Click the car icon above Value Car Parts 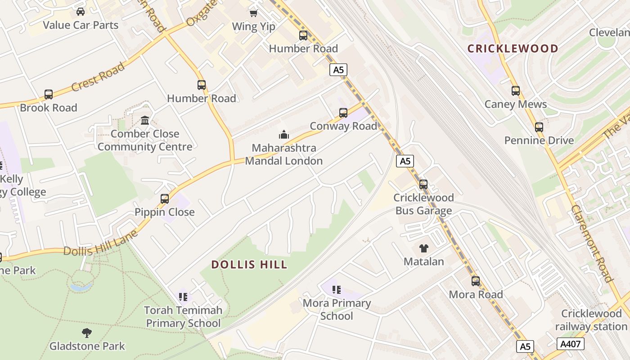pyautogui.click(x=81, y=12)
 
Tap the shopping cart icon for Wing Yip pyautogui.click(x=254, y=13)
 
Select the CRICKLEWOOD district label pyautogui.click(x=513, y=49)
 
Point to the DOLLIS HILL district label pyautogui.click(x=249, y=265)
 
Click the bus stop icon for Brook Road pyautogui.click(x=49, y=94)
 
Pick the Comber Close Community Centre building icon pyautogui.click(x=145, y=121)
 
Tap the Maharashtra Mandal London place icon pyautogui.click(x=283, y=135)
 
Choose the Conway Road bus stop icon pyautogui.click(x=343, y=113)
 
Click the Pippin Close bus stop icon pyautogui.click(x=165, y=199)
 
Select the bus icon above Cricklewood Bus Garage pyautogui.click(x=423, y=184)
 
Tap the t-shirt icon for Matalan pyautogui.click(x=423, y=248)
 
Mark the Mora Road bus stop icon pyautogui.click(x=476, y=281)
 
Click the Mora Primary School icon pyautogui.click(x=337, y=290)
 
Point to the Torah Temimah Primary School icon pyautogui.click(x=183, y=297)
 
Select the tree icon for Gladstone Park pyautogui.click(x=87, y=333)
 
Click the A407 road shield pyautogui.click(x=570, y=344)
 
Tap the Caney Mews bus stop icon pyautogui.click(x=516, y=91)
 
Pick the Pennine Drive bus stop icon pyautogui.click(x=539, y=127)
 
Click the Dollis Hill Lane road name pyautogui.click(x=100, y=244)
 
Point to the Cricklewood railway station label pyautogui.click(x=591, y=320)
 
